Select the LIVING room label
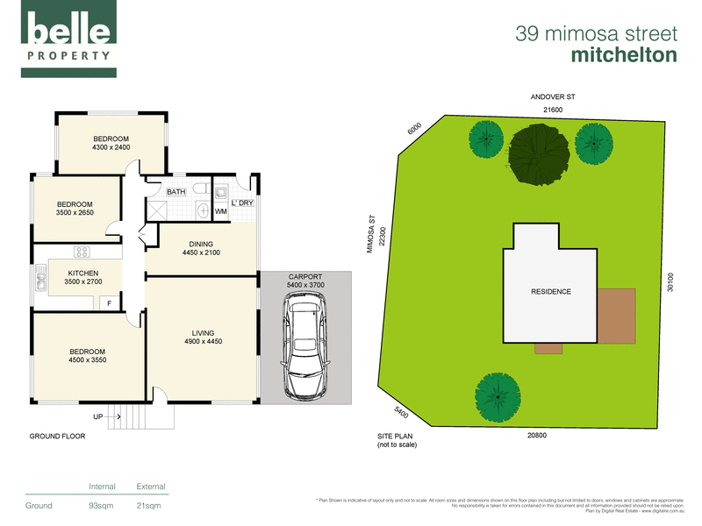(x=203, y=332)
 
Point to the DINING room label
(x=201, y=245)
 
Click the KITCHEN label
(x=83, y=274)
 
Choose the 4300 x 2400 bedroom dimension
(x=111, y=147)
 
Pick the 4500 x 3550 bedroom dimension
(x=87, y=360)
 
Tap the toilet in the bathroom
(x=201, y=188)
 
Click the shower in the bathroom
(x=159, y=209)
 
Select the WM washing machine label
(x=220, y=211)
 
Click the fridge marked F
(x=109, y=303)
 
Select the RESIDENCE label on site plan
(x=550, y=292)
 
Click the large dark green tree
(x=534, y=154)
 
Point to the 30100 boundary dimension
(x=670, y=281)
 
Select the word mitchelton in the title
(x=624, y=54)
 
